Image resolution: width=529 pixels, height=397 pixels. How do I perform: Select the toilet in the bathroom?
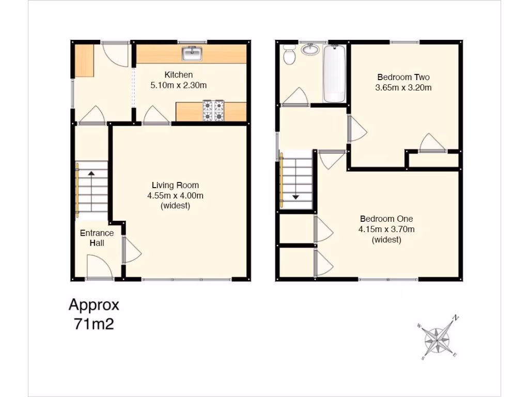click(x=289, y=54)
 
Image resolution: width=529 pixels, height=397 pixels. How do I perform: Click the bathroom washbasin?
click(x=310, y=50)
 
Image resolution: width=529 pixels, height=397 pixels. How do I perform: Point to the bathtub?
click(x=334, y=74)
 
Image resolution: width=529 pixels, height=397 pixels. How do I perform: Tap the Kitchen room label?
click(x=178, y=75)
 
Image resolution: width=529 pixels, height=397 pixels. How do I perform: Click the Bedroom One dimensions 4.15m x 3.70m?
click(x=386, y=229)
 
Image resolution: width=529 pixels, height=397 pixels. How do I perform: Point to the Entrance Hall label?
click(x=97, y=238)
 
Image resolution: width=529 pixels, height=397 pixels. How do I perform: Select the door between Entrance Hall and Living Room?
click(x=131, y=251)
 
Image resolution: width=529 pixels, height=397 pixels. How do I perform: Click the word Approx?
click(x=94, y=305)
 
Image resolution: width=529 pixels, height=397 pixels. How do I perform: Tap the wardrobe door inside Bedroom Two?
click(x=432, y=143)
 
